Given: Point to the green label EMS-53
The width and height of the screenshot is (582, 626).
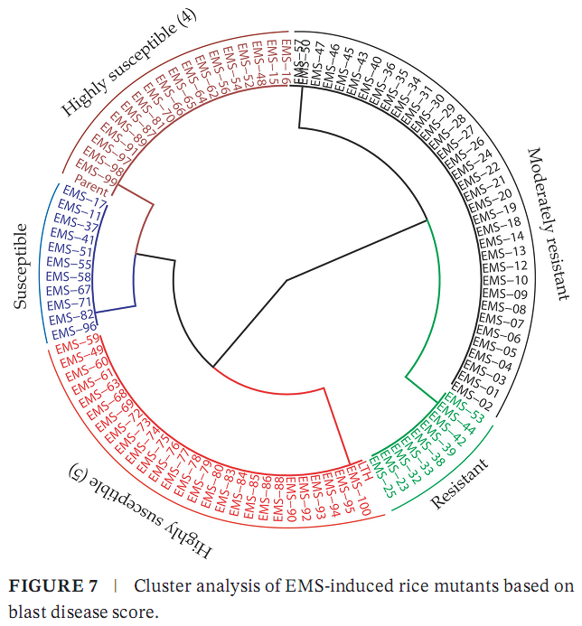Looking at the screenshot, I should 464,406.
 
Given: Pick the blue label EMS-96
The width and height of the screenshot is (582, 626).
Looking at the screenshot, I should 77,328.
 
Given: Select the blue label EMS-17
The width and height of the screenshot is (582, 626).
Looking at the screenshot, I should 87,203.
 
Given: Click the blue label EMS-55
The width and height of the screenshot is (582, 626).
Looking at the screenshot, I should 69,264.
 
